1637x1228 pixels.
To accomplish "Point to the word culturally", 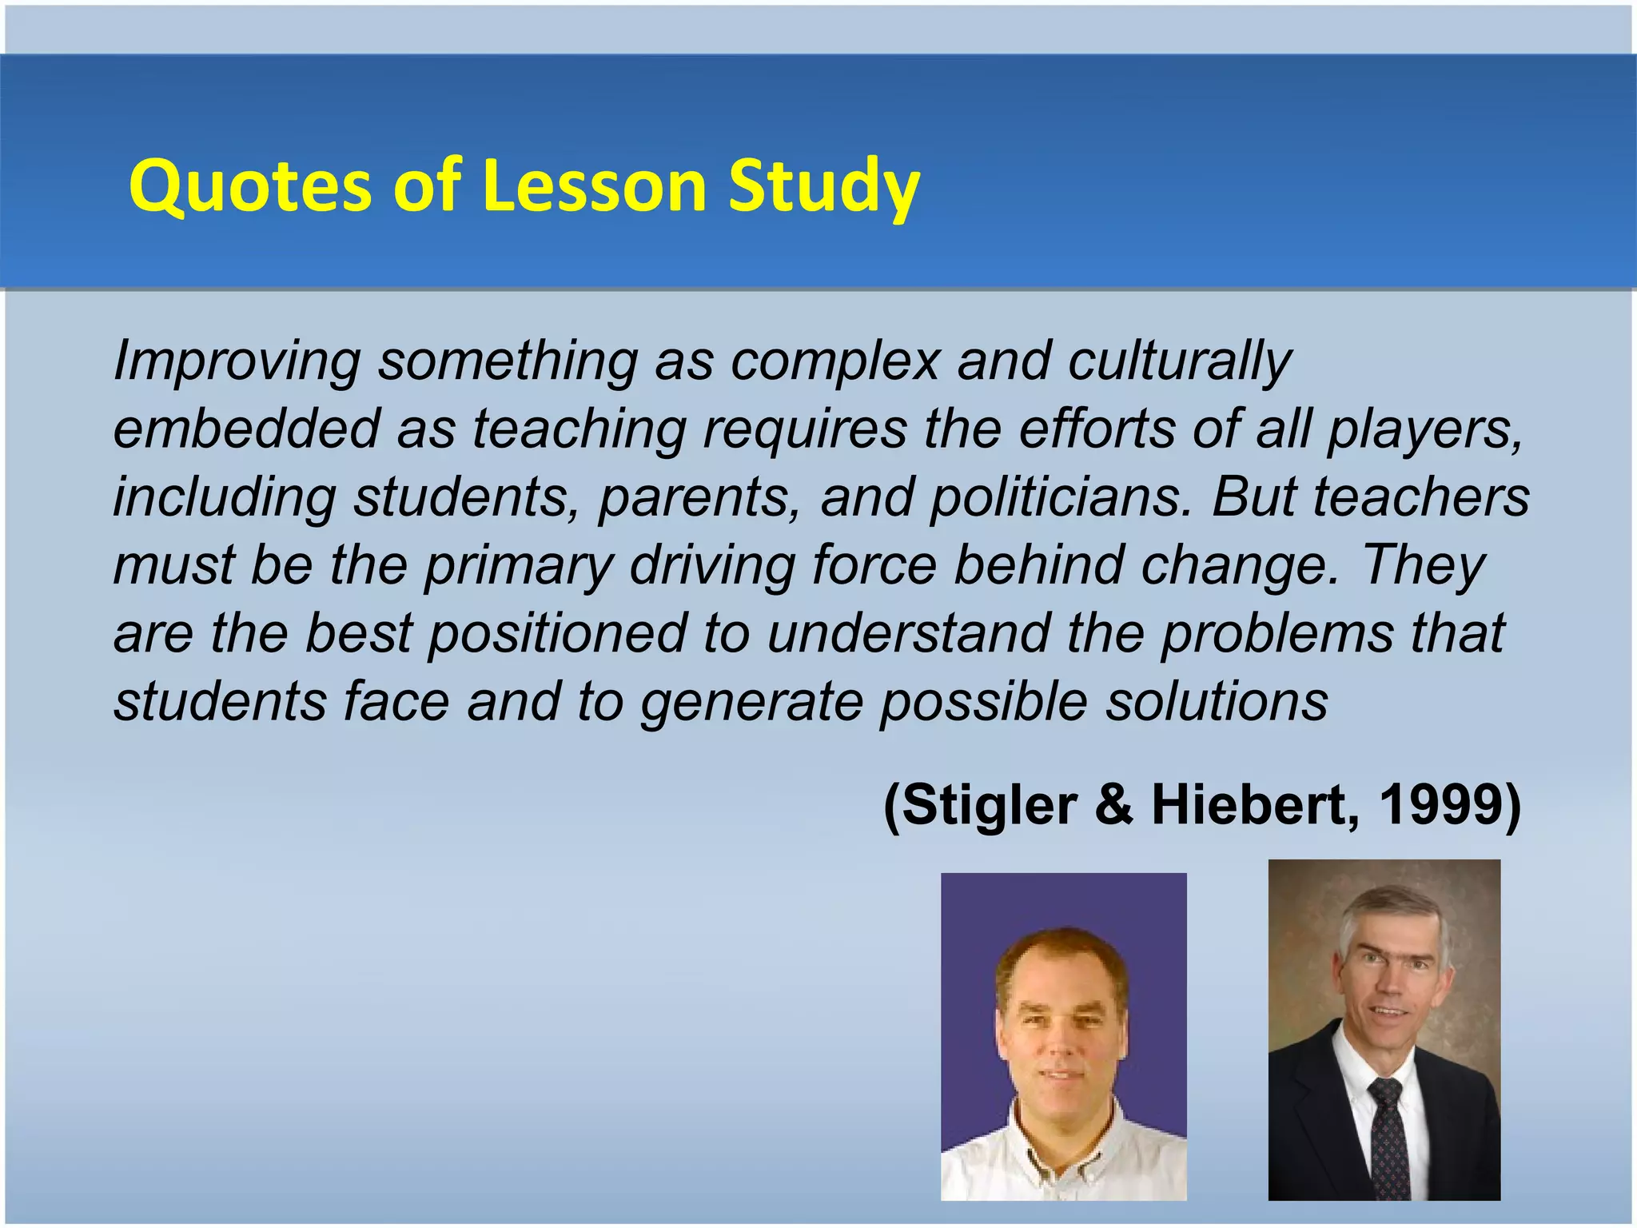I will coord(1179,361).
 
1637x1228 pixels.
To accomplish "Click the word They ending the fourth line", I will coord(1423,566).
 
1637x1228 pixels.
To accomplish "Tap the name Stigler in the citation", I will coord(991,806).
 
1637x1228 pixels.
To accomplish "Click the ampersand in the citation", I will coord(1114,804).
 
